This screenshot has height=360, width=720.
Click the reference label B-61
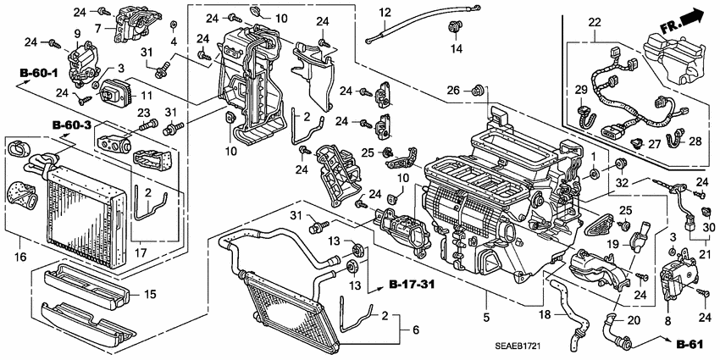[690, 345]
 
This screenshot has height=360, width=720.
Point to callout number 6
[414, 329]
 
